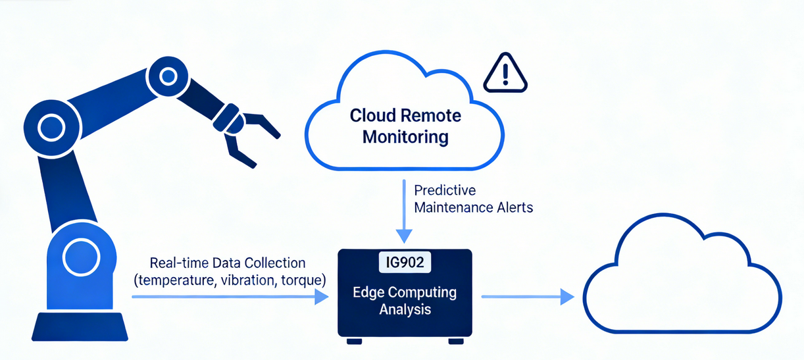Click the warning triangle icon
pyautogui.click(x=505, y=74)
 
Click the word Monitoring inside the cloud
pyautogui.click(x=406, y=138)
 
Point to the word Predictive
pyautogui.click(x=444, y=190)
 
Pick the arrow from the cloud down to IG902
pyautogui.click(x=404, y=211)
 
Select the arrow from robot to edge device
pyautogui.click(x=230, y=297)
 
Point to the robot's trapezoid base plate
pyautogui.click(x=80, y=326)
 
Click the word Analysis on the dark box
pyautogui.click(x=405, y=308)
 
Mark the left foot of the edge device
pyautogui.click(x=354, y=341)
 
